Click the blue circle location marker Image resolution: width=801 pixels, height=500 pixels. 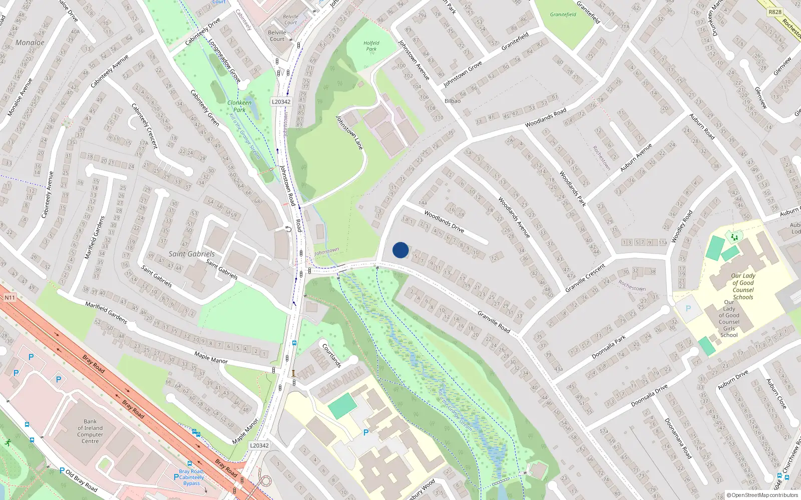click(400, 250)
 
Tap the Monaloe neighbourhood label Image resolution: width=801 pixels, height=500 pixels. click(30, 42)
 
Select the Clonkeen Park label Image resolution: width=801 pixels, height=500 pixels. click(239, 106)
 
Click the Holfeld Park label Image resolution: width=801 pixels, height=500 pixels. click(371, 46)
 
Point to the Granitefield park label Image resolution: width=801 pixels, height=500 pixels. click(563, 14)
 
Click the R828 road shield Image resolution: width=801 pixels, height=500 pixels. click(775, 11)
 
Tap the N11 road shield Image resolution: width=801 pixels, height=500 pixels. click(10, 298)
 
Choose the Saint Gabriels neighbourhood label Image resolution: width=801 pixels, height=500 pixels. click(191, 254)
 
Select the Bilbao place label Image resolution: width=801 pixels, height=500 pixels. click(453, 100)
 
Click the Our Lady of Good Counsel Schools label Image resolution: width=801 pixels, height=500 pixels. click(743, 286)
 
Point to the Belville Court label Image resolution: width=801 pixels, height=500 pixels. click(277, 35)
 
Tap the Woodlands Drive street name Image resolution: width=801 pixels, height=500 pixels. click(444, 221)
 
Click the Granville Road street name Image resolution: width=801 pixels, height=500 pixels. click(494, 322)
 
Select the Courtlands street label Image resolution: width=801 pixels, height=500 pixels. click(331, 355)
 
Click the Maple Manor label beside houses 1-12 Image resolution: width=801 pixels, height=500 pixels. click(211, 357)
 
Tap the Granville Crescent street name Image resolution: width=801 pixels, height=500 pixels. click(585, 278)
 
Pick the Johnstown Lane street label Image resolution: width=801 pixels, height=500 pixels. click(349, 133)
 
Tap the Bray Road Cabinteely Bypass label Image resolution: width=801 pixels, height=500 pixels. click(191, 477)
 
